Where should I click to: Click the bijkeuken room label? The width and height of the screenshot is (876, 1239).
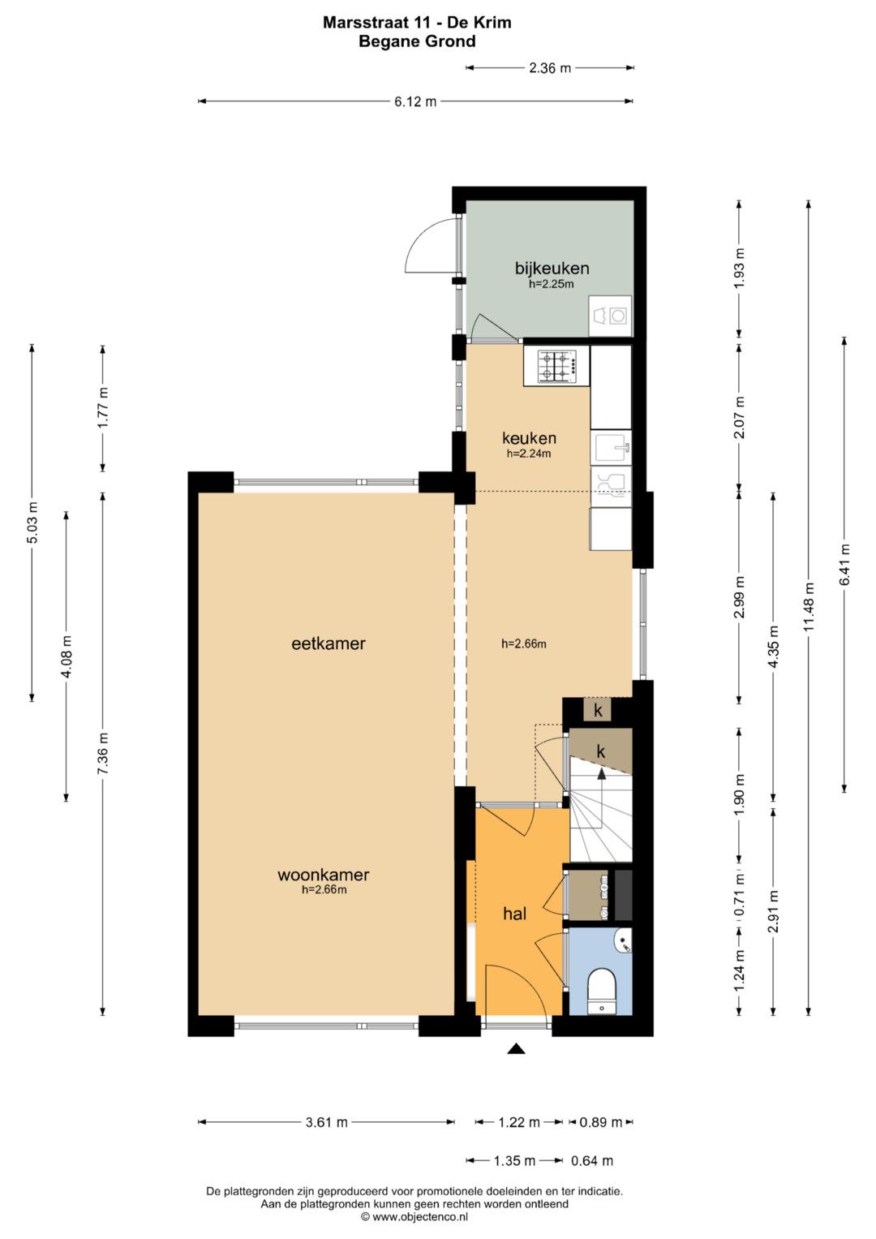click(552, 269)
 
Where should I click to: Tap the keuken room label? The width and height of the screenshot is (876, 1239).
click(529, 438)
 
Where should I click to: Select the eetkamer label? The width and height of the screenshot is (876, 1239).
click(328, 643)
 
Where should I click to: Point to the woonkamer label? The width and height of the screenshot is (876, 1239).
click(323, 875)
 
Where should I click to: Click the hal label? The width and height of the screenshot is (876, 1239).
click(514, 913)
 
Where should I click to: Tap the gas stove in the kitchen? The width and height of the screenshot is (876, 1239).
click(556, 366)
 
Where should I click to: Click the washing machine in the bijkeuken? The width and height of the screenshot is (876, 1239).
click(610, 316)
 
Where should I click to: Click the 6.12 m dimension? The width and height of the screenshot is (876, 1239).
click(415, 101)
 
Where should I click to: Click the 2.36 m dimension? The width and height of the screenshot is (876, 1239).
click(550, 68)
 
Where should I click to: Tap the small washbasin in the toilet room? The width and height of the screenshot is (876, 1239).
click(624, 940)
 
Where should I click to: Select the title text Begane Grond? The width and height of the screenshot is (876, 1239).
click(417, 41)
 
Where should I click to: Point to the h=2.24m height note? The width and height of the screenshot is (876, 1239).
click(529, 454)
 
